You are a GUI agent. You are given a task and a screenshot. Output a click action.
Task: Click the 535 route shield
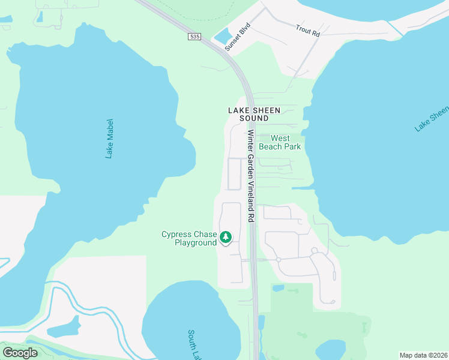[x=193, y=37]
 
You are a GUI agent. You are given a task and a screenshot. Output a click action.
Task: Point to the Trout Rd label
[x=308, y=30]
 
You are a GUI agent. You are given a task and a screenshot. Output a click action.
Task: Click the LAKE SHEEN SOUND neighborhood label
[x=246, y=114]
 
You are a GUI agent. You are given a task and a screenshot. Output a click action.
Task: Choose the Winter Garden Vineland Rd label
[x=251, y=176]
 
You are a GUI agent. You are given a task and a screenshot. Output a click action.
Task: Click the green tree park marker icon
[x=226, y=238]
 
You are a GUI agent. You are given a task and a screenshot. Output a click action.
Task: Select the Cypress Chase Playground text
[x=188, y=238]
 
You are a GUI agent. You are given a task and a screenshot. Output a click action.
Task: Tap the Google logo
[x=20, y=353]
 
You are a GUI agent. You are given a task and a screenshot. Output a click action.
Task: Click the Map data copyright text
[x=423, y=355]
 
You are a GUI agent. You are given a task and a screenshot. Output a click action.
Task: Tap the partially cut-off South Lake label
[x=194, y=344]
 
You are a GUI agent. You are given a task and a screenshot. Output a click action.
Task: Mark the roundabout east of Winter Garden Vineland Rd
[x=279, y=259]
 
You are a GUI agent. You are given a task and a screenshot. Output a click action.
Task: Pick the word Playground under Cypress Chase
[x=196, y=242]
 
